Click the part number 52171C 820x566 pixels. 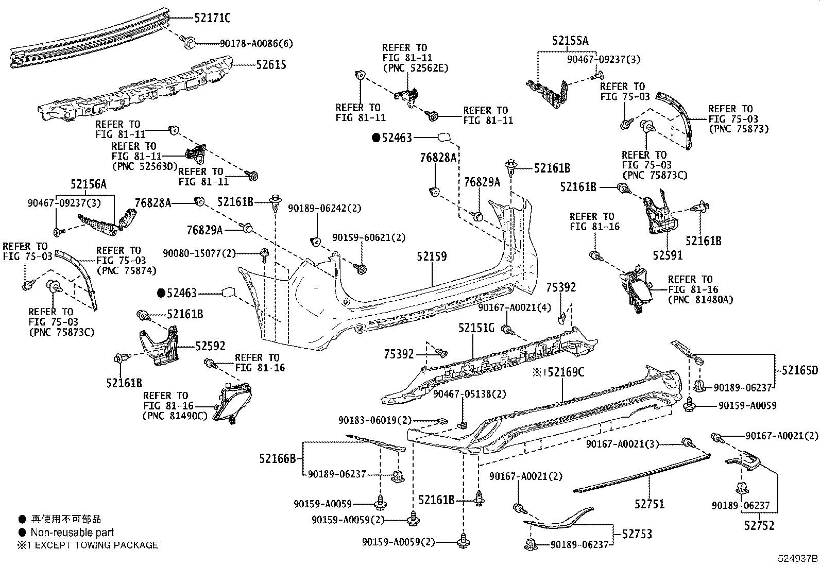coord(212,18)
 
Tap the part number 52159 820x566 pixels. coord(431,256)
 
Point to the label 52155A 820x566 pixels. coord(570,41)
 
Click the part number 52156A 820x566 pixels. coord(89,184)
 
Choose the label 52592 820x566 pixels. coord(210,346)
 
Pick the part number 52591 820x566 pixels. coord(668,255)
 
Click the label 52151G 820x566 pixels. coord(476,328)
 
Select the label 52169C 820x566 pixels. coord(566,371)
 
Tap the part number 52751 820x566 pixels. coord(650,504)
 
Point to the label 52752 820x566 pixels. coord(759,525)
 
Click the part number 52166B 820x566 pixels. coord(278,458)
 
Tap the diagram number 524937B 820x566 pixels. coord(798,558)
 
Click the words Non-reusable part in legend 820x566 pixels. coord(72,533)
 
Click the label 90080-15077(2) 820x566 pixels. coord(199,253)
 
